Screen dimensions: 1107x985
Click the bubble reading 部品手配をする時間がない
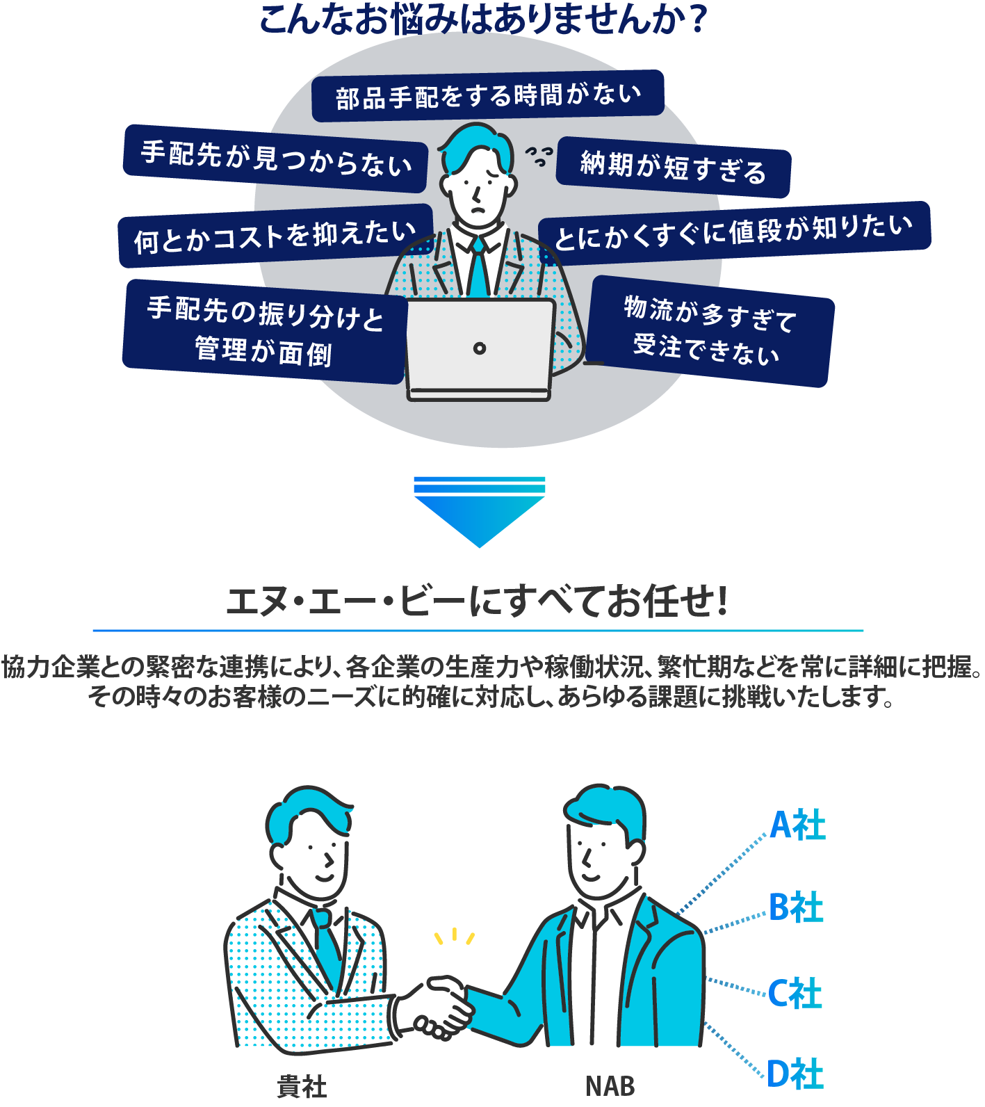487,95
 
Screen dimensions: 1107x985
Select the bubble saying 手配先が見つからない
275,159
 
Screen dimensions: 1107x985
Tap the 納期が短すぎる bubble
673,167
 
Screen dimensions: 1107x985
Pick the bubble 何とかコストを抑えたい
275,236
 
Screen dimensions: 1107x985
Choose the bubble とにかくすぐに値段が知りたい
734,232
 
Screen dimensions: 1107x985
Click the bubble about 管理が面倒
264,332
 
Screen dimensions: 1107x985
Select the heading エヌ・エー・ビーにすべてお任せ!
478,601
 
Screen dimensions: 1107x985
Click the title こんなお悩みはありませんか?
483,19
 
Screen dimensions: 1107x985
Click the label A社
797,825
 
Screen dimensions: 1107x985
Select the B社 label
796,907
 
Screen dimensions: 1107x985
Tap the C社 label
795,993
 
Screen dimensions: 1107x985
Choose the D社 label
795,1074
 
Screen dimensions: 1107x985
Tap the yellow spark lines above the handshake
454,937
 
